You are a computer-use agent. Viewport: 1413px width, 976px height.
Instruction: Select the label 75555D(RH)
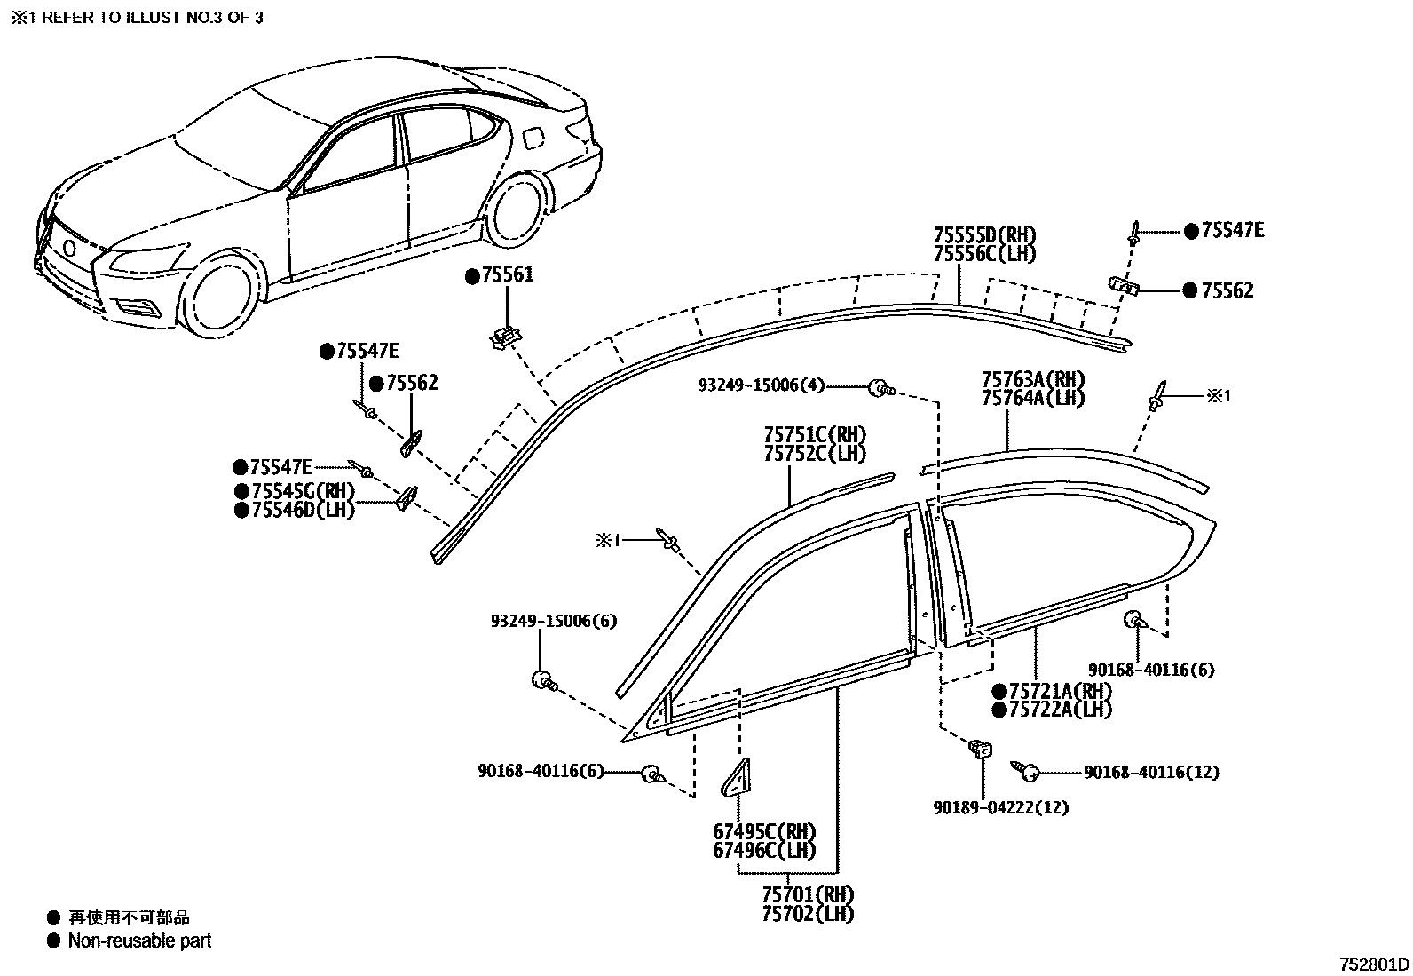(x=984, y=236)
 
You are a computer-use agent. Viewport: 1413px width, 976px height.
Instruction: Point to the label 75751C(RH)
(x=815, y=435)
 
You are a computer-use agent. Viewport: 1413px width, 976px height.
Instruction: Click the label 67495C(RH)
(x=764, y=832)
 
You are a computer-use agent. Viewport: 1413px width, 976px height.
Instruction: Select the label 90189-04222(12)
(x=1000, y=807)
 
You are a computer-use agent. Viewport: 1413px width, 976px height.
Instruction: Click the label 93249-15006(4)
(x=762, y=385)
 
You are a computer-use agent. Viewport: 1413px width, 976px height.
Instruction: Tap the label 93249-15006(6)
(x=553, y=622)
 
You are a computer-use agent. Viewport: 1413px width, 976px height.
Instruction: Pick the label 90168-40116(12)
(x=1151, y=773)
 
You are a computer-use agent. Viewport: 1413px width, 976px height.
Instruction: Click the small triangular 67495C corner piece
(x=735, y=781)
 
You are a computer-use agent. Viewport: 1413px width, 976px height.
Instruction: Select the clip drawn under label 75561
(x=504, y=337)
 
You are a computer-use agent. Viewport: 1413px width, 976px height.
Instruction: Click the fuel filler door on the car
(x=533, y=139)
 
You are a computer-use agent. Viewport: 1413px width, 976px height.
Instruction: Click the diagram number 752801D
(x=1374, y=964)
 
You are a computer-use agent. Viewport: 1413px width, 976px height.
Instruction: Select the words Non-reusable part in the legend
(x=140, y=940)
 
